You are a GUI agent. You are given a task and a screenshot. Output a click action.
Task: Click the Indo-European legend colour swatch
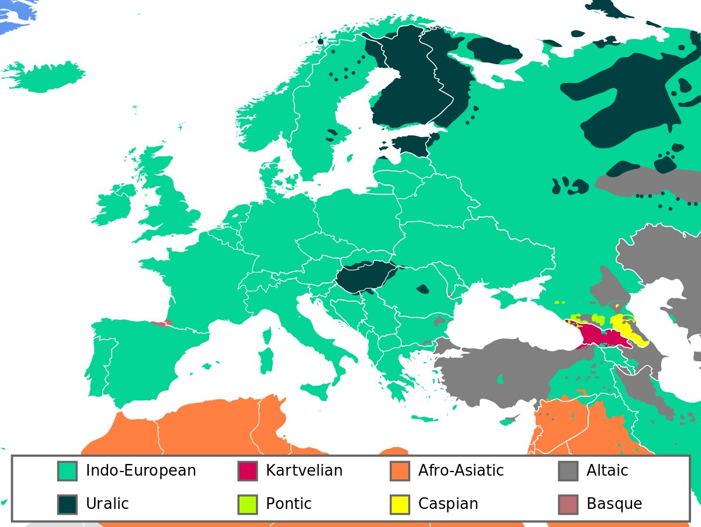click(67, 471)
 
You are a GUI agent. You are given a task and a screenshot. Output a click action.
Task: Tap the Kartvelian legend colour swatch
click(248, 471)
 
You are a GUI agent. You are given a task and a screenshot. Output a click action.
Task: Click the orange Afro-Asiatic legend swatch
click(400, 471)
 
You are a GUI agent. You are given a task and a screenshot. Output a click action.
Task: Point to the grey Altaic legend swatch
click(568, 471)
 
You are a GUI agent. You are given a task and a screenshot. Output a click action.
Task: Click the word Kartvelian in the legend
click(304, 470)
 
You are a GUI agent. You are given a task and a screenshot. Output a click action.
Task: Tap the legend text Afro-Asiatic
click(460, 470)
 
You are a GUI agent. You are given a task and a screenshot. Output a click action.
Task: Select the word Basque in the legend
click(614, 504)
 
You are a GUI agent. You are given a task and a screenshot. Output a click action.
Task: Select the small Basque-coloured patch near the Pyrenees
click(159, 323)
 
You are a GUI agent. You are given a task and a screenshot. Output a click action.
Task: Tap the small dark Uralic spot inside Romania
click(422, 288)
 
